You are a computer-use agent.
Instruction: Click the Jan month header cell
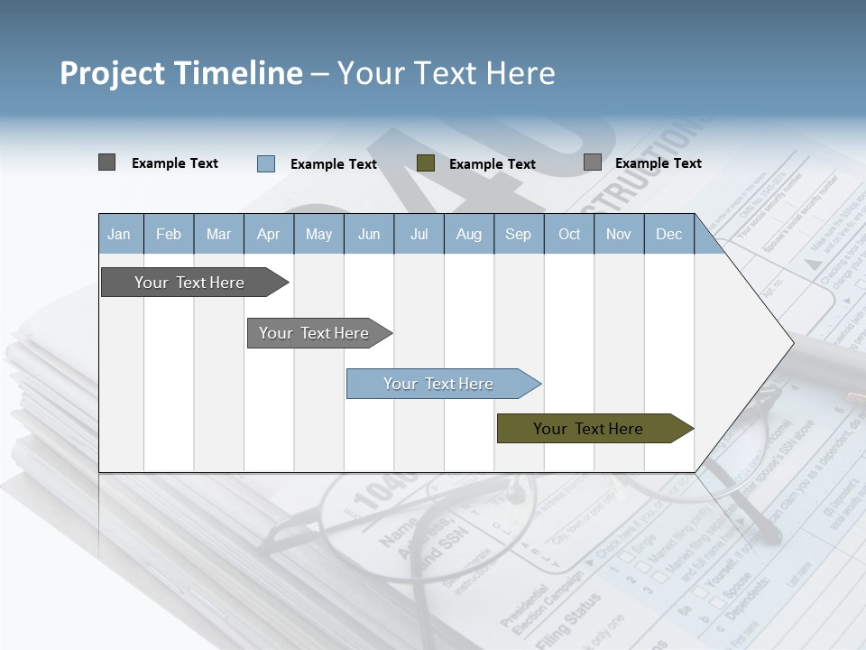(x=119, y=235)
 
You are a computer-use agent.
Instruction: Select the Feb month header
(x=169, y=235)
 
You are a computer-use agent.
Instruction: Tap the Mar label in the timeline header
(x=218, y=235)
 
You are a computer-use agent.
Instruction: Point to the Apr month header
(x=269, y=235)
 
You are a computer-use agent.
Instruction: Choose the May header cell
(x=318, y=235)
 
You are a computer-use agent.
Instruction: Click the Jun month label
(x=369, y=235)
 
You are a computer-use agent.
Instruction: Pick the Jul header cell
(x=419, y=235)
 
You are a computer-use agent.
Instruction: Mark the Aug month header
(x=469, y=235)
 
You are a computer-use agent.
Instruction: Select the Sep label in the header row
(x=519, y=235)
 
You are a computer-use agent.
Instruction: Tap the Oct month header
(x=569, y=235)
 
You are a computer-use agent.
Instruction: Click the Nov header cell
(x=619, y=235)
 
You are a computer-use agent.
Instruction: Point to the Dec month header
(x=669, y=235)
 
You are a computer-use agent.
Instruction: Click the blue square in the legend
(x=266, y=163)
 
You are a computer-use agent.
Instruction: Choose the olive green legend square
(x=426, y=162)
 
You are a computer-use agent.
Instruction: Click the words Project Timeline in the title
(x=181, y=73)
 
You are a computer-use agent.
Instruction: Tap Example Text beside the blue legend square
(x=334, y=164)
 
